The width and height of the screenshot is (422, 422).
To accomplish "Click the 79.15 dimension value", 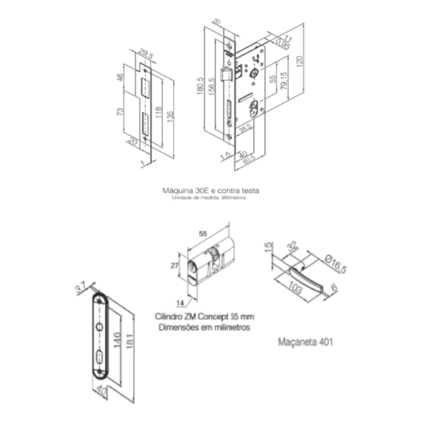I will pyautogui.click(x=284, y=80).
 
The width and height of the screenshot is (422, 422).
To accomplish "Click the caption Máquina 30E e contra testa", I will pyautogui.click(x=211, y=191).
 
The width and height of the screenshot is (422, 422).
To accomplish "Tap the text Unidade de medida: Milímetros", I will pyautogui.click(x=208, y=197).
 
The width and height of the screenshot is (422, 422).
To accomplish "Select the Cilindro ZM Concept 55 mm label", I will pyautogui.click(x=205, y=316).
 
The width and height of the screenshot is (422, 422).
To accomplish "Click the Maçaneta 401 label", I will pyautogui.click(x=305, y=342).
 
